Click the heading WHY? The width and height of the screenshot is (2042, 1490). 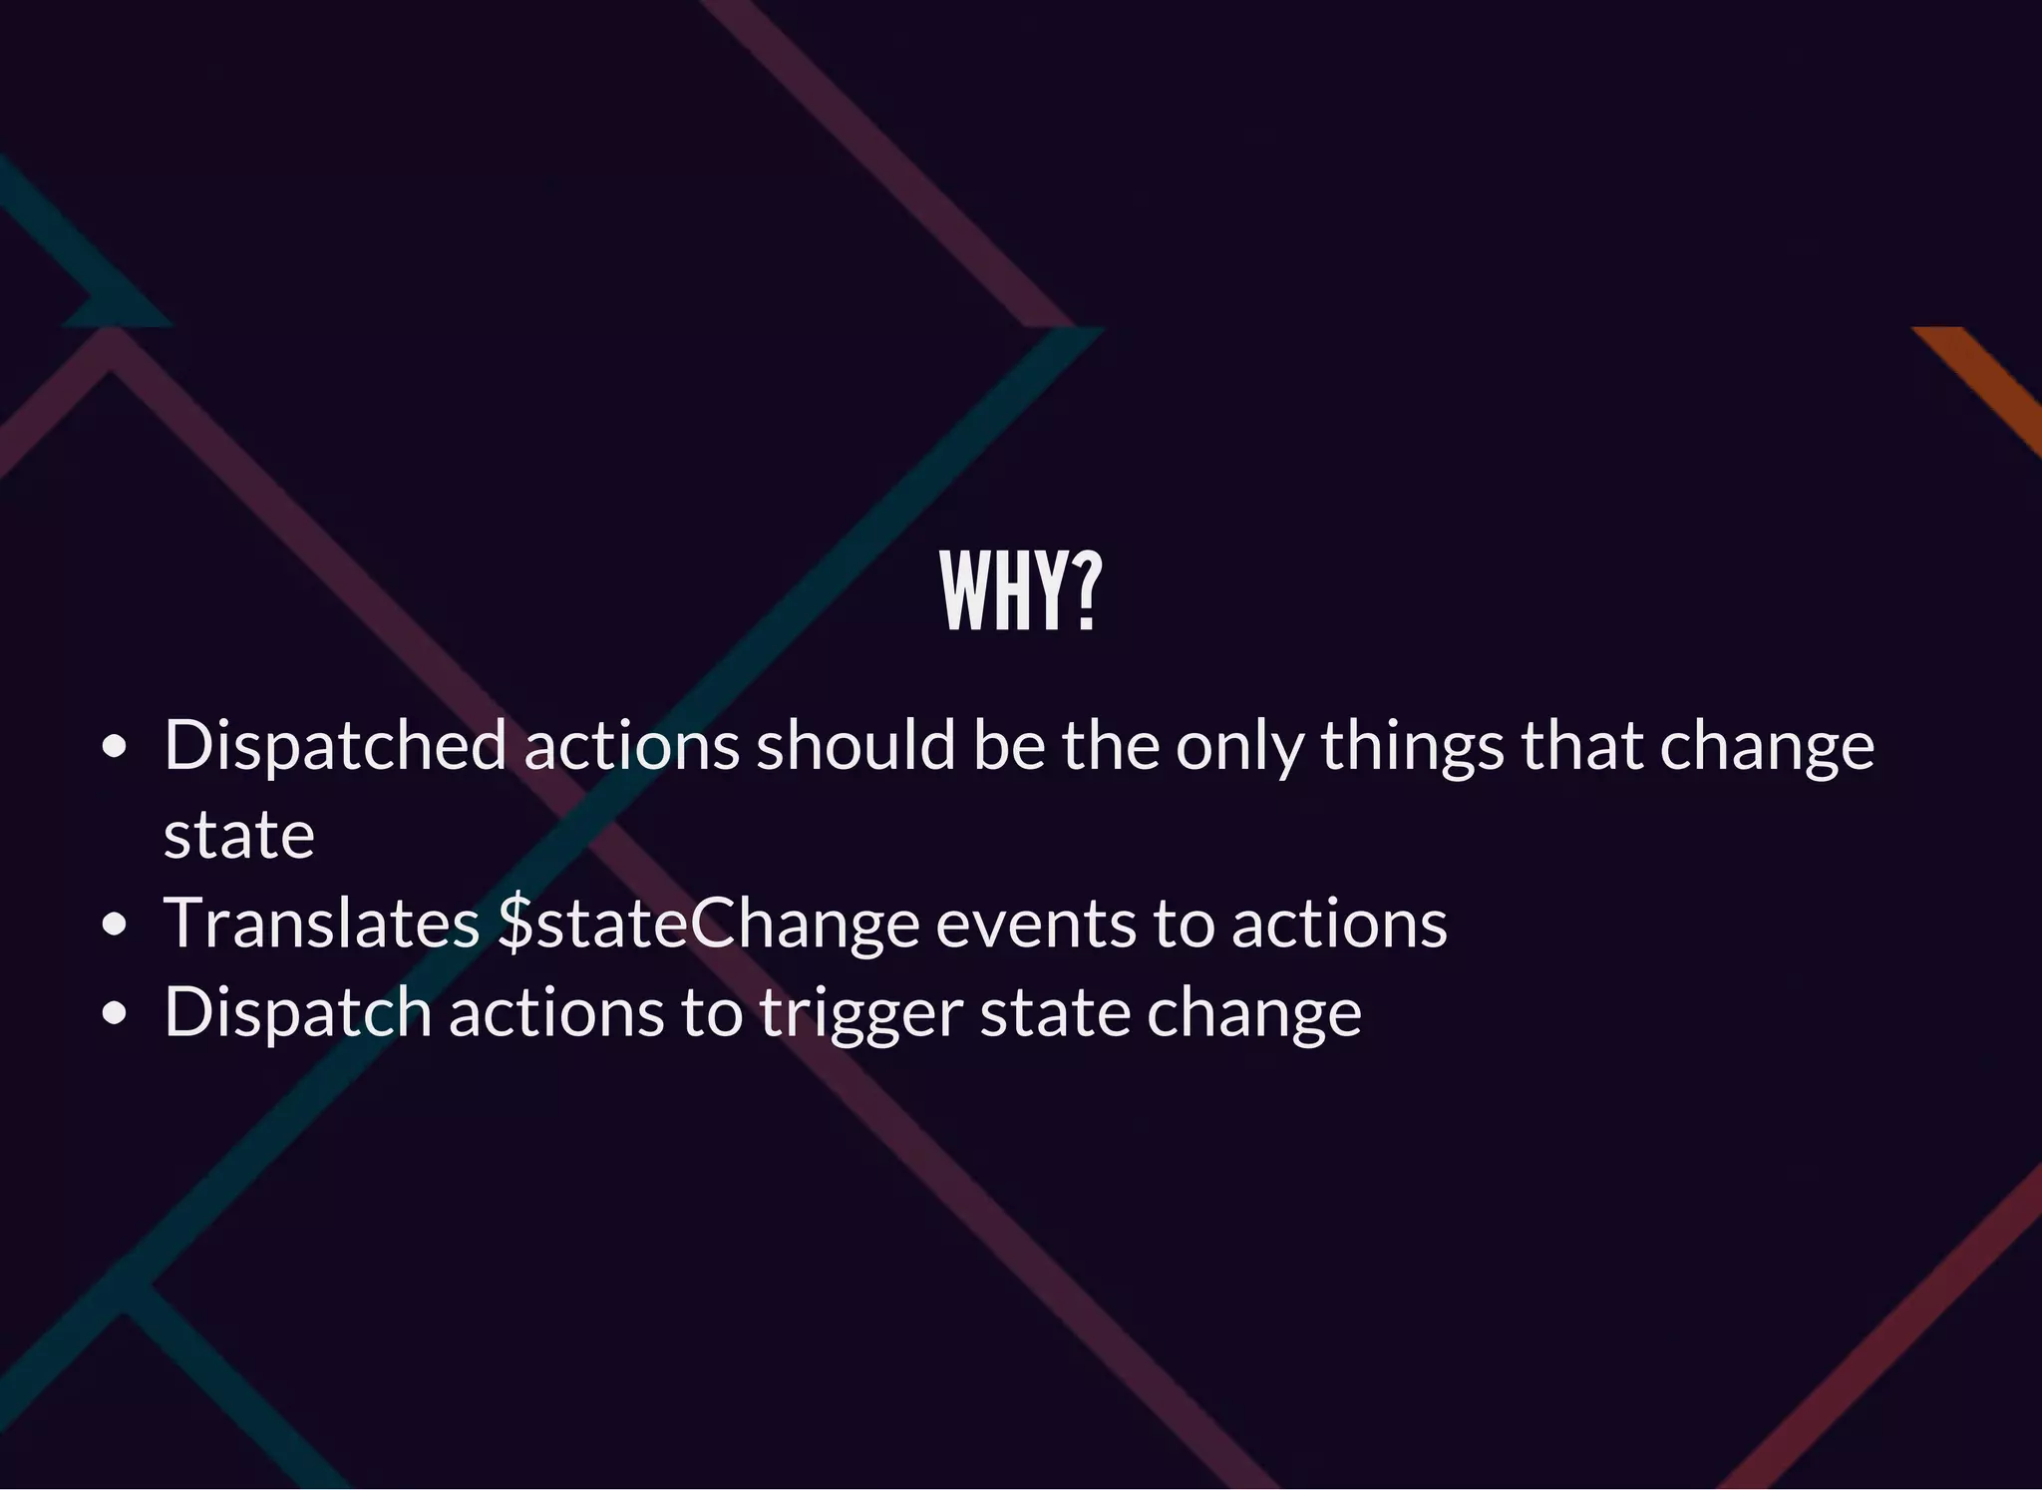pyautogui.click(x=1020, y=592)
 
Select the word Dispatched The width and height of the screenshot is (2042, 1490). pyautogui.click(x=335, y=745)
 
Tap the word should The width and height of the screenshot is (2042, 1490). pyautogui.click(x=855, y=745)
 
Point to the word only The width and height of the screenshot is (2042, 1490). pyautogui.click(x=1239, y=747)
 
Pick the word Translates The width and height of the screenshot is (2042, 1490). pyautogui.click(x=321, y=924)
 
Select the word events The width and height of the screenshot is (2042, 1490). pyautogui.click(x=1035, y=924)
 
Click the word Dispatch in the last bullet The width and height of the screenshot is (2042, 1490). pyautogui.click(x=297, y=1012)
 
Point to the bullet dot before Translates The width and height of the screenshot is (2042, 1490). pyautogui.click(x=116, y=924)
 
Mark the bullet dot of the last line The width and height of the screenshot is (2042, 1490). pyautogui.click(x=116, y=1012)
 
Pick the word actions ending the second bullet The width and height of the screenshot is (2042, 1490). pyautogui.click(x=1339, y=924)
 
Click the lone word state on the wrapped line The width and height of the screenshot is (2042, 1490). pyautogui.click(x=239, y=835)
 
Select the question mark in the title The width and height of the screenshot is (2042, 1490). pyautogui.click(x=1086, y=592)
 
